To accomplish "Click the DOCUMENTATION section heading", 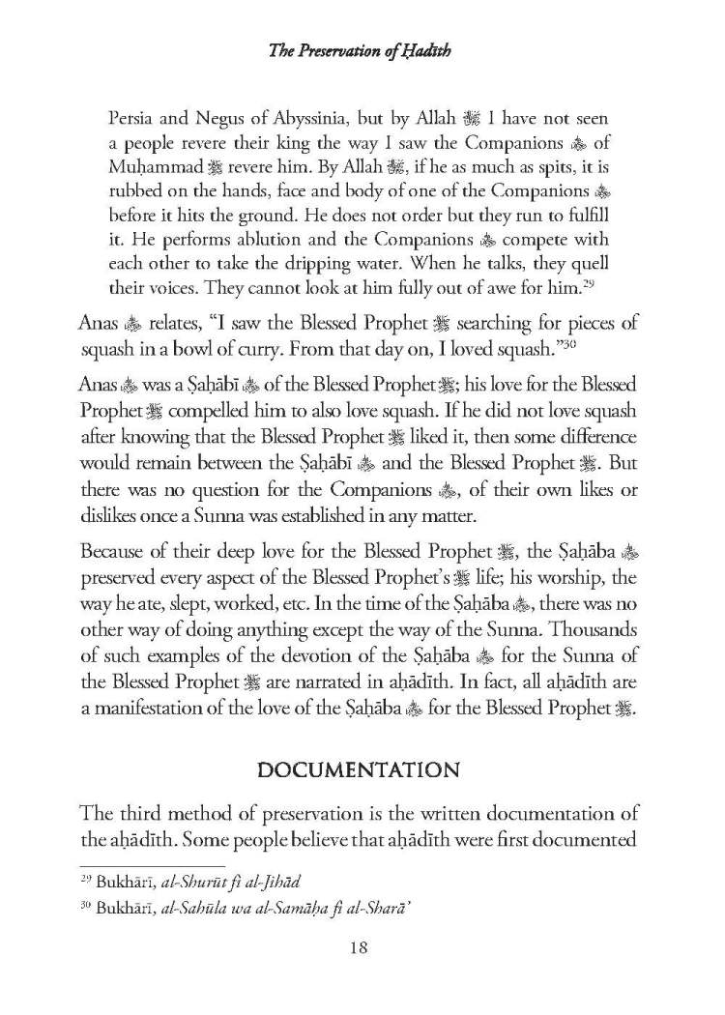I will click(362, 743).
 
